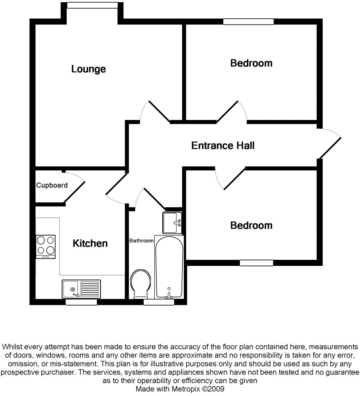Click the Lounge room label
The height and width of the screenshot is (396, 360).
pos(88,69)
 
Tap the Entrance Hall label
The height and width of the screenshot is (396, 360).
pos(223,146)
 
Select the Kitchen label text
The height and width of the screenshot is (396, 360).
pos(90,244)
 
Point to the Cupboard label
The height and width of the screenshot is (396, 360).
pos(52,186)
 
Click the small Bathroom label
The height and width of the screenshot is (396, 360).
pos(141,241)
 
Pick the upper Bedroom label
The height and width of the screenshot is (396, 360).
pos(251,63)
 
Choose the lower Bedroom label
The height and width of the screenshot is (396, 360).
pos(251,225)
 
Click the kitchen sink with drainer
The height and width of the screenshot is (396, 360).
pos(81,289)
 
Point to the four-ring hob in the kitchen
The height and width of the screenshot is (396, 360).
pos(46,246)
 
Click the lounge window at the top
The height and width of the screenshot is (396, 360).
pos(92,5)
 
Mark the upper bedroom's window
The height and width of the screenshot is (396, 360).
pos(248,22)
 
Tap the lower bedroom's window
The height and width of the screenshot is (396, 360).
pos(256,263)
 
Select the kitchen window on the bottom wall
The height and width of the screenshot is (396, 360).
pos(81,302)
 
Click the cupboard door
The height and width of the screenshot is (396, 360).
pos(75,188)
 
